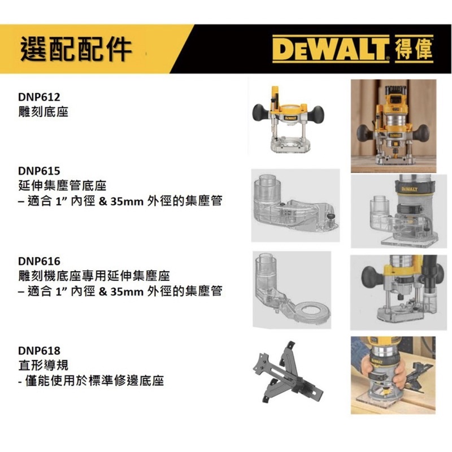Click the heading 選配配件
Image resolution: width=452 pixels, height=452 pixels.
click(x=76, y=49)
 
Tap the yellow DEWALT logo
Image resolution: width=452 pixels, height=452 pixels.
click(x=331, y=49)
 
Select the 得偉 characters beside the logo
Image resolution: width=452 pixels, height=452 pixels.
click(x=414, y=49)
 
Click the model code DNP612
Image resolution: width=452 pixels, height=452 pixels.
click(x=39, y=97)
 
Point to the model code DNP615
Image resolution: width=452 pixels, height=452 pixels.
click(x=39, y=171)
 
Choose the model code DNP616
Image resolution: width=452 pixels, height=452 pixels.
click(x=39, y=261)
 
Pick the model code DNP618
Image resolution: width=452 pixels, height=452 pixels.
click(x=39, y=350)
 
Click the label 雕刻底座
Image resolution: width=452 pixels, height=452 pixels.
click(x=44, y=112)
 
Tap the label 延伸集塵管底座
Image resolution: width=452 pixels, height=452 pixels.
click(x=62, y=186)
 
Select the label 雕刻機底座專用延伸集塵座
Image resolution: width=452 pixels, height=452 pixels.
click(x=94, y=276)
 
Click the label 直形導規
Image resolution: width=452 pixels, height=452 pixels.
click(x=44, y=365)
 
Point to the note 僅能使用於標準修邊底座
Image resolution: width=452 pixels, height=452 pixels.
click(x=94, y=380)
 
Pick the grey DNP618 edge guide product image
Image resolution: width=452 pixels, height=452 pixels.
click(x=288, y=372)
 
